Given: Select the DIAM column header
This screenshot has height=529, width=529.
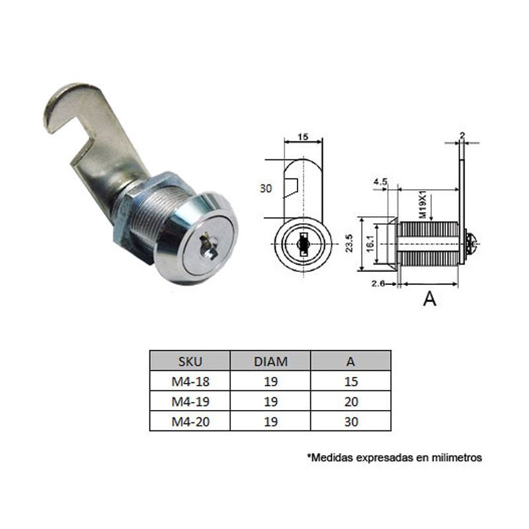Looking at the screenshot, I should point(270,362).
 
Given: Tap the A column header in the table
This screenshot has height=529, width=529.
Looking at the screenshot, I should point(350,362).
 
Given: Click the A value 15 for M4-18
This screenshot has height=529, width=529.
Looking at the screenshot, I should point(350,382).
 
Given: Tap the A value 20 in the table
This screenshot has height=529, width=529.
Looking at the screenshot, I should point(350,401).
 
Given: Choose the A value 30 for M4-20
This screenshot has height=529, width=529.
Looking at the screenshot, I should point(350,421).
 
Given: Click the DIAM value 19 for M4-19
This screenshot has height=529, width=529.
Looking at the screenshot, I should point(270,401).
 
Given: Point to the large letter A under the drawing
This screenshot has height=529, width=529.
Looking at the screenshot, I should point(429,300).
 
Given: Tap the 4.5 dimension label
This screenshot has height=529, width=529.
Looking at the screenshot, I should point(380,180).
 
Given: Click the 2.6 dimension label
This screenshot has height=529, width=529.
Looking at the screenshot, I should point(378,284).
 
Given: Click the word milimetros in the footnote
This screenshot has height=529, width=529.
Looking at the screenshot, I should point(457,457).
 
